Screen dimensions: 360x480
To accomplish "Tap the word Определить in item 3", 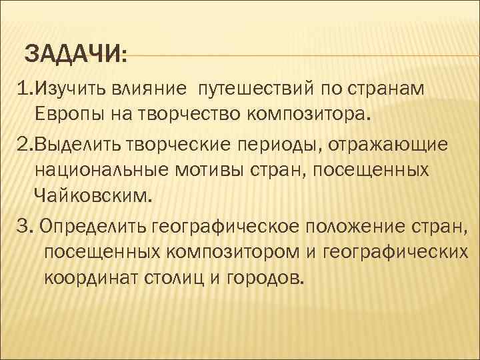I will (x=94, y=227).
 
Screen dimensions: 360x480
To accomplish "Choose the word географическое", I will (x=227, y=227).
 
